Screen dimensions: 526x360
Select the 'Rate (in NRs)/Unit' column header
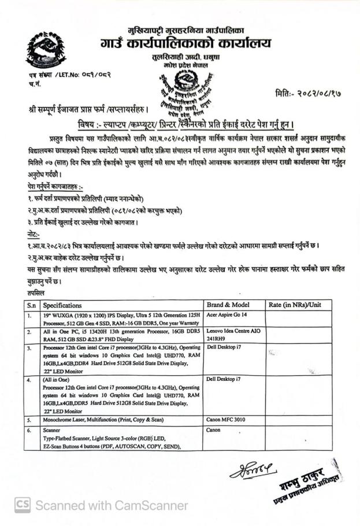(x=295, y=305)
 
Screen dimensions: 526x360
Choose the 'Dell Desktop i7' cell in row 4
(x=224, y=380)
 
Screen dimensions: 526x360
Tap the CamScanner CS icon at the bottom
(x=23, y=505)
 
